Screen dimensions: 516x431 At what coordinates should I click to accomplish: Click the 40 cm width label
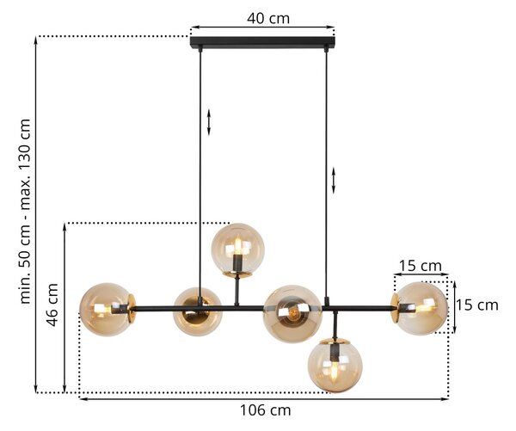click(x=268, y=18)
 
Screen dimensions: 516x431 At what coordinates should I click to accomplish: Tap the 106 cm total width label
click(x=265, y=410)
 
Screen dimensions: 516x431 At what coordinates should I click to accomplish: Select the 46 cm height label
click(x=52, y=305)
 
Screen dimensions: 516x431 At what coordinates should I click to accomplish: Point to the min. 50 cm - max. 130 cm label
click(x=25, y=211)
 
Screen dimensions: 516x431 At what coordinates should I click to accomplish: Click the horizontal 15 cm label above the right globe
click(x=421, y=266)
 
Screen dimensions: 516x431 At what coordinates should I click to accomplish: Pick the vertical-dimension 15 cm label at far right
click(x=476, y=305)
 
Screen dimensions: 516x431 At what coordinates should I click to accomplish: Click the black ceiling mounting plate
click(x=262, y=42)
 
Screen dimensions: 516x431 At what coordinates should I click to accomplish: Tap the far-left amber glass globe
click(x=106, y=310)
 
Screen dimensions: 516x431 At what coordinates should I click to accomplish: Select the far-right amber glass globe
click(x=422, y=308)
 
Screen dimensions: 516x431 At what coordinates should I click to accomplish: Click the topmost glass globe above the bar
click(x=237, y=249)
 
